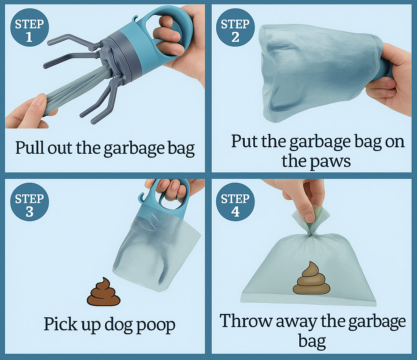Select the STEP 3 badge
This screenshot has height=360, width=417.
[29, 205]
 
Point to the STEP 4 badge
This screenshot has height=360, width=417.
[235, 205]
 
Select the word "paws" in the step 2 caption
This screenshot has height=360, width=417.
[330, 161]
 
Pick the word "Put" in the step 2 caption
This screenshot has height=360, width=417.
[244, 142]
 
